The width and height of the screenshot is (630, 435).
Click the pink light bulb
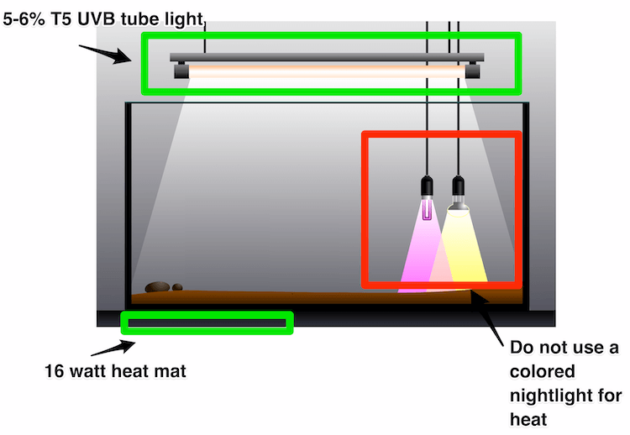(x=428, y=207)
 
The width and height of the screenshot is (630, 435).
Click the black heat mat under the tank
(x=207, y=322)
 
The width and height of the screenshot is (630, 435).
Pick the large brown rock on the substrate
(x=157, y=287)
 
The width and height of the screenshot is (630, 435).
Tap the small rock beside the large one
(x=177, y=287)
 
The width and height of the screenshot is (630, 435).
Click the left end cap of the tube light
(x=181, y=72)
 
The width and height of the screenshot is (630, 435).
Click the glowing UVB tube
(x=328, y=73)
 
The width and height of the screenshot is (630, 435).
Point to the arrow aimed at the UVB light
(x=106, y=53)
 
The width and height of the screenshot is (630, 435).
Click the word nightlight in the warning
(x=549, y=395)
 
